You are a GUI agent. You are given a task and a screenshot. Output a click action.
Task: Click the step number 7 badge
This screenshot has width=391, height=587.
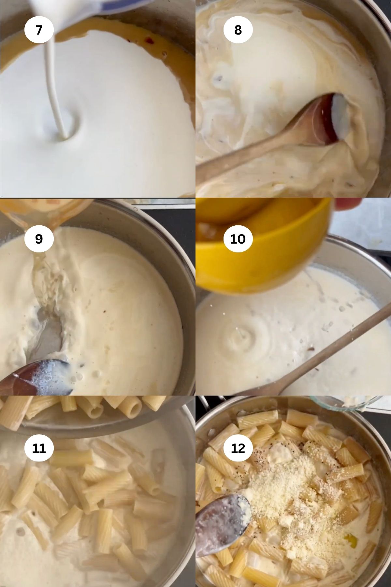click(x=39, y=30)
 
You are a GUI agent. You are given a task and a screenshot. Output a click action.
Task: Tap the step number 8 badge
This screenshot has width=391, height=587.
click(x=238, y=30)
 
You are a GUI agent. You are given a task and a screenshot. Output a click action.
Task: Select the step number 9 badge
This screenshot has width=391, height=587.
click(x=39, y=239)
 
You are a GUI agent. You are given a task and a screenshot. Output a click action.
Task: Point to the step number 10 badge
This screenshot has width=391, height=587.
click(x=238, y=239)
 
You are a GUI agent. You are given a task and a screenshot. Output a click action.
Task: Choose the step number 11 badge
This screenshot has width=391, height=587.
click(x=39, y=448)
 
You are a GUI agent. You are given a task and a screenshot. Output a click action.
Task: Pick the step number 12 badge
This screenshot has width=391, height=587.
click(x=238, y=448)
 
